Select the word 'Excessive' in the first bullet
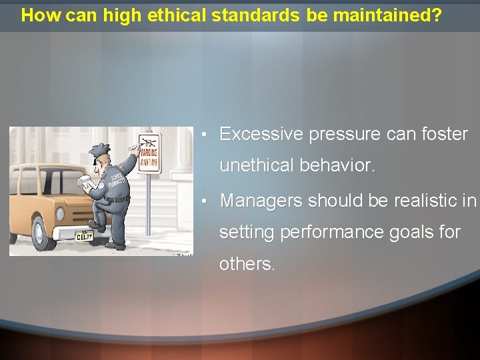point(261,134)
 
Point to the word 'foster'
point(445,134)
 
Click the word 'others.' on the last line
point(247,264)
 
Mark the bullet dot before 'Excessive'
point(209,135)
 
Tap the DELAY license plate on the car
point(84,237)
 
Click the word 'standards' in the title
point(256,16)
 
